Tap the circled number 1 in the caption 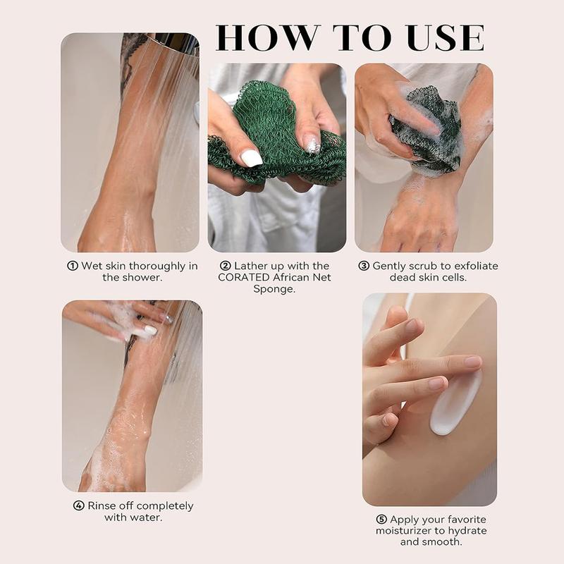pos(72,266)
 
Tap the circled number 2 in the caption pos(226,266)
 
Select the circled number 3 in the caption pos(364,266)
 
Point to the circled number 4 pos(78,506)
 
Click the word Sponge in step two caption pos(274,289)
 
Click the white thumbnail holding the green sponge pos(251,158)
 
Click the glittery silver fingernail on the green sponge pos(312,145)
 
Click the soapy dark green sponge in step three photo pos(427,134)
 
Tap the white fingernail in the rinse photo pos(150,330)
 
